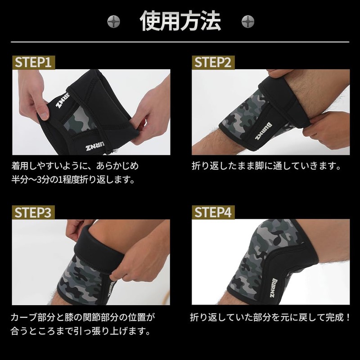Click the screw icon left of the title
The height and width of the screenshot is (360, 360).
pos(113,21)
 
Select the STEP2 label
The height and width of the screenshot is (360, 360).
pos(212,62)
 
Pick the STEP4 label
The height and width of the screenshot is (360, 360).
pos(212,212)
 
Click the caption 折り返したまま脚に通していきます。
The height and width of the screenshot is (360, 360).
pos(266,166)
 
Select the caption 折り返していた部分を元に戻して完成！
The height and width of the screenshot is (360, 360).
pos(270,317)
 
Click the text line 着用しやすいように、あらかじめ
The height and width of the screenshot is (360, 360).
pos(75,166)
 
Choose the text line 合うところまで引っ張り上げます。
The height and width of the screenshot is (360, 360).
pos(80,332)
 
